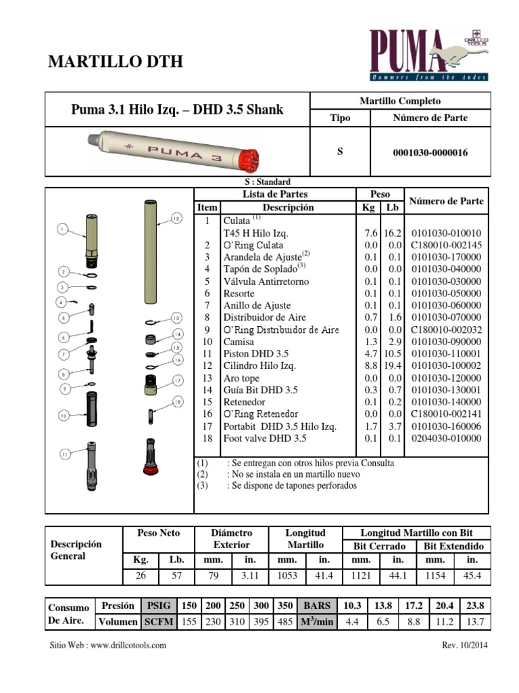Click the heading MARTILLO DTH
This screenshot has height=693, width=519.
click(x=116, y=62)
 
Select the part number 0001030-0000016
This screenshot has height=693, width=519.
click(x=430, y=153)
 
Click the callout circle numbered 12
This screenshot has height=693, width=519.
click(x=176, y=219)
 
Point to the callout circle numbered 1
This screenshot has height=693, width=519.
click(x=63, y=230)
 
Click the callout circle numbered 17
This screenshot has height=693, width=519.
click(x=177, y=380)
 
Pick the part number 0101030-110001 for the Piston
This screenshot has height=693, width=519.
click(x=446, y=354)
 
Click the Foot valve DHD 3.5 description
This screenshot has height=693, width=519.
click(x=265, y=439)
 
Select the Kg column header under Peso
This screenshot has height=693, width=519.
click(x=369, y=208)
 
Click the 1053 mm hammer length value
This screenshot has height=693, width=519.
click(x=287, y=576)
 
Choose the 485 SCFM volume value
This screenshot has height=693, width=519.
click(x=285, y=622)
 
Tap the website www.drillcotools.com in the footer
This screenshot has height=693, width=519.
click(x=108, y=645)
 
